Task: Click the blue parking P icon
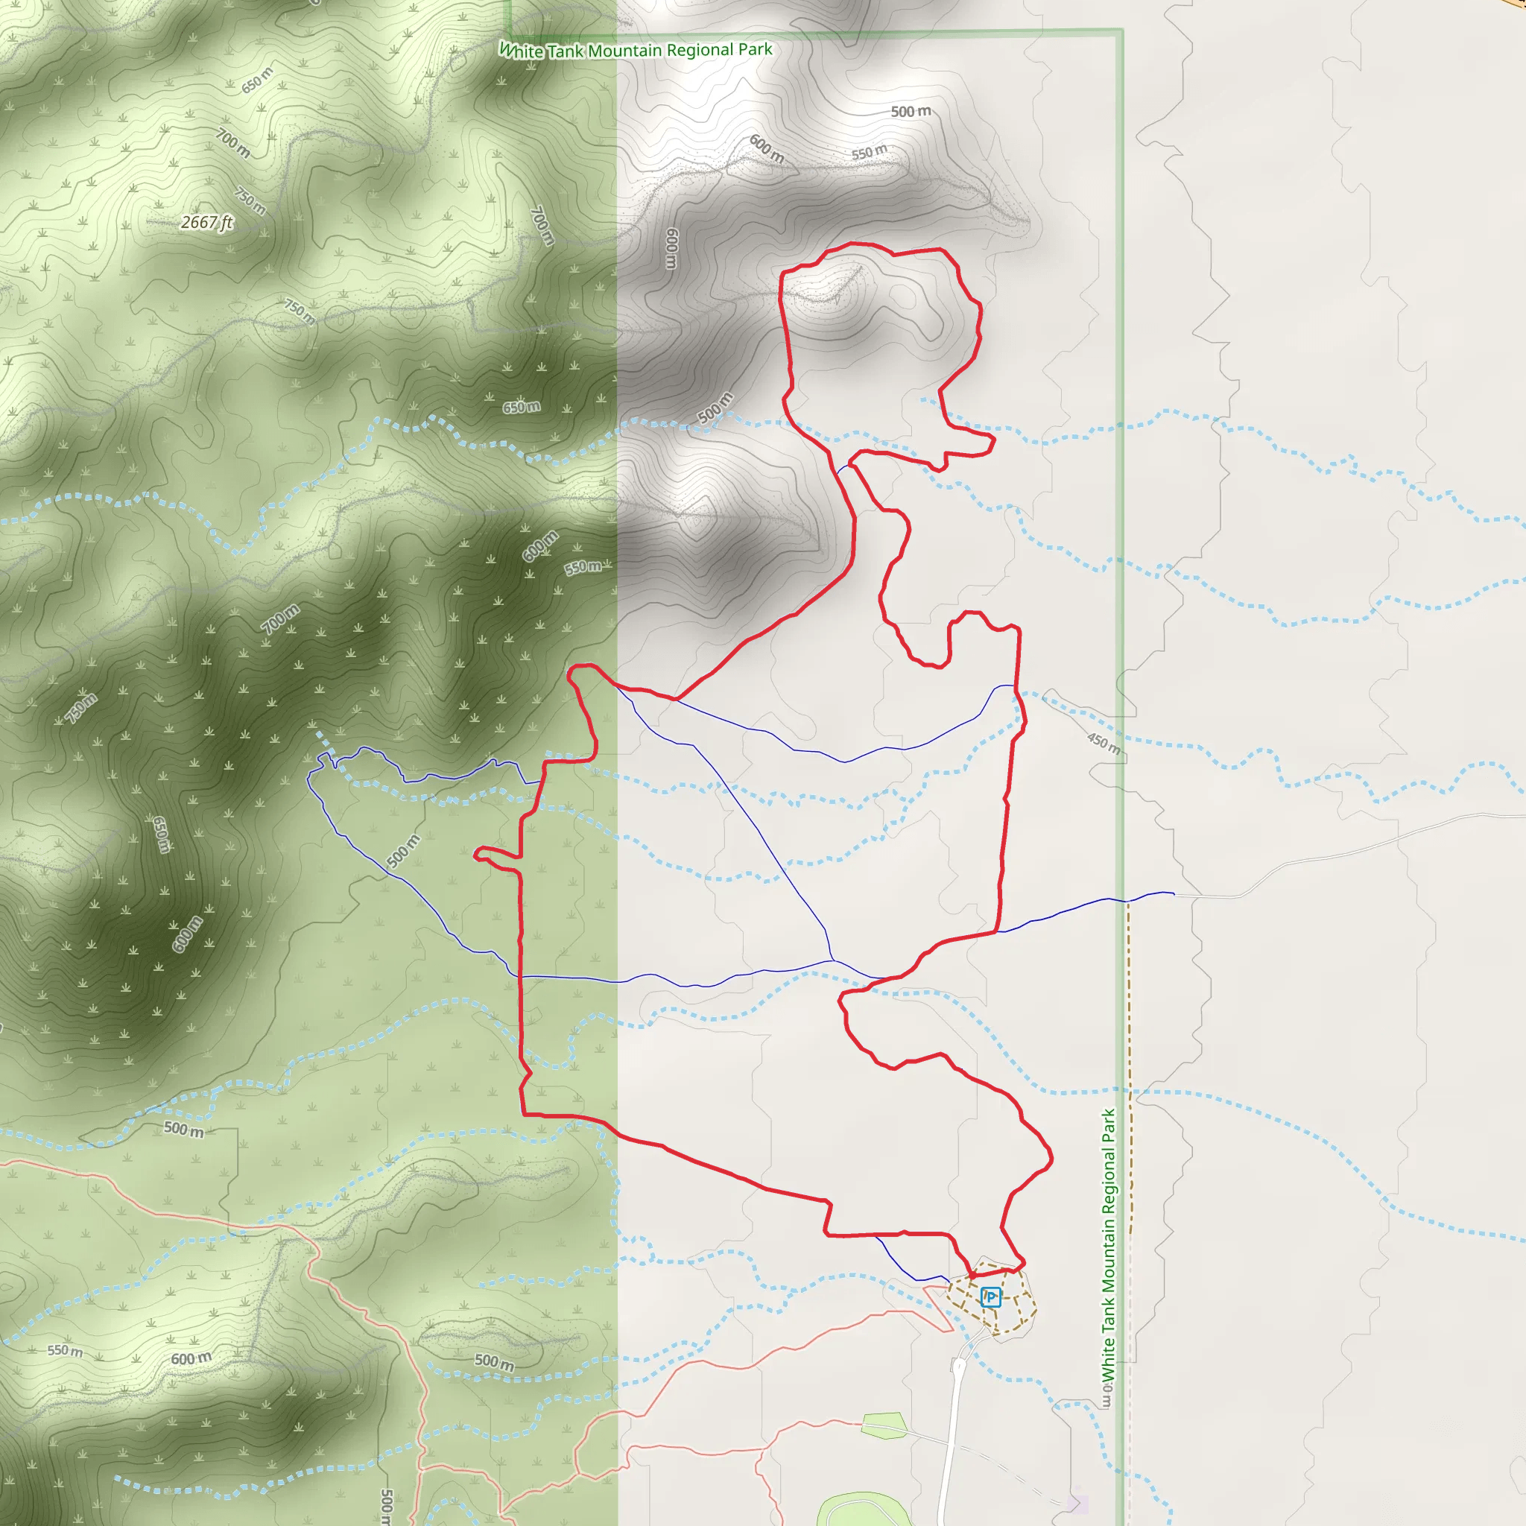click(990, 1297)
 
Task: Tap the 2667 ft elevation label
click(207, 222)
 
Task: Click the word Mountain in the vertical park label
click(1109, 1248)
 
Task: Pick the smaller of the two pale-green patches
click(883, 1425)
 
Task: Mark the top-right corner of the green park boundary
click(1121, 31)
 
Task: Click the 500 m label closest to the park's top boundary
click(911, 111)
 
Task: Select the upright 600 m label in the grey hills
click(671, 248)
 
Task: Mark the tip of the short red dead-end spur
click(476, 854)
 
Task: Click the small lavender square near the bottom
click(1077, 1502)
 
